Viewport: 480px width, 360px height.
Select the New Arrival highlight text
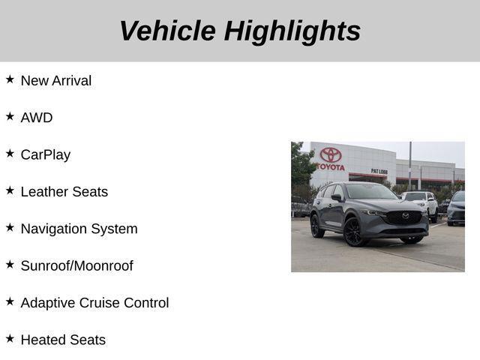click(56, 80)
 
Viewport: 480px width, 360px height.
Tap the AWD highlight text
click(37, 118)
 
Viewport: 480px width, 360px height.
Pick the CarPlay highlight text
click(46, 154)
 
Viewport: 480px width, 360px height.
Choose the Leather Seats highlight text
click(64, 191)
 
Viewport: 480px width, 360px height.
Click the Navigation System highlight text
click(79, 229)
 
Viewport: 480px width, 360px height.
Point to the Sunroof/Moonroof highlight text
click(76, 265)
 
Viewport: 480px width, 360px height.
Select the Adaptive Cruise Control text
click(94, 302)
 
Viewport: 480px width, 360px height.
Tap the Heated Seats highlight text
click(63, 340)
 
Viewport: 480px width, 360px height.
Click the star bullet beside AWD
click(10, 116)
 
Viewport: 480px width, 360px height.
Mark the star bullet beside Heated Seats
click(10, 338)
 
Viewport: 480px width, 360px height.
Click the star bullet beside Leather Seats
click(10, 190)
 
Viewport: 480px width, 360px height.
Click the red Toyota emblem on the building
click(331, 154)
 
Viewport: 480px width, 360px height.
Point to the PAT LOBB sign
click(379, 171)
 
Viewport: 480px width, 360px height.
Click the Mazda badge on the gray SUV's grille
click(406, 217)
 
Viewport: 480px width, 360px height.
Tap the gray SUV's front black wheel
click(354, 232)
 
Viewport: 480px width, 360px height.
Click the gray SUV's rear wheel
click(317, 225)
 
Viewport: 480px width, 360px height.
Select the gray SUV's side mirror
click(338, 198)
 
